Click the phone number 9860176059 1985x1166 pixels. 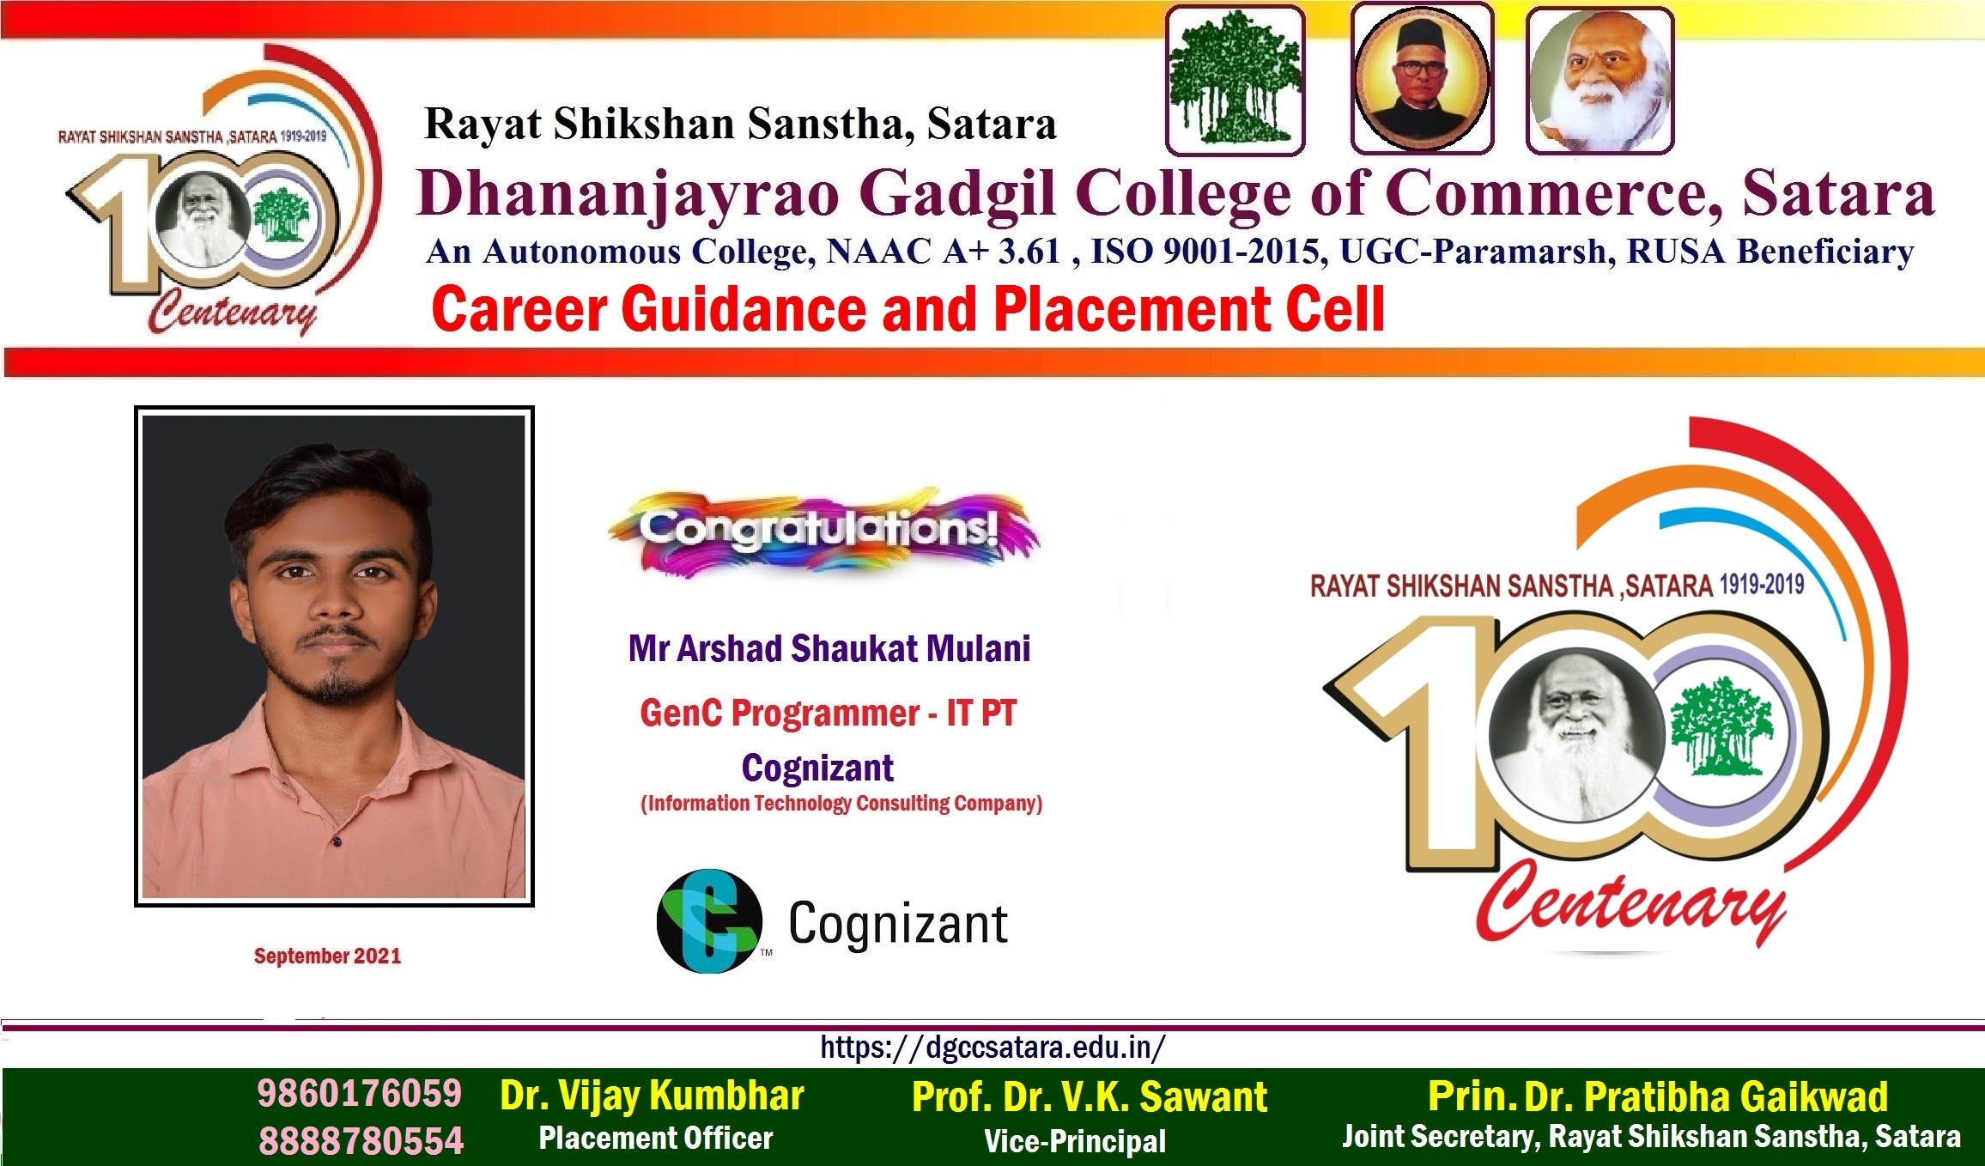pos(360,1093)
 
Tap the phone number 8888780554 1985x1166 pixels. pos(361,1140)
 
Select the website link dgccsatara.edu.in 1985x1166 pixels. pos(992,1048)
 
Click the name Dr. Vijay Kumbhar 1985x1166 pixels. pos(653,1096)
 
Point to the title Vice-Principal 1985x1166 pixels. pos(1075,1141)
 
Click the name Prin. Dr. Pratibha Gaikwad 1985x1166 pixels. pos(1658,1096)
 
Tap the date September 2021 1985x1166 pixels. pos(327,956)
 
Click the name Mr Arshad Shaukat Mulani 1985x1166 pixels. pos(829,648)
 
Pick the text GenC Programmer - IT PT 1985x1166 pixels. pos(829,713)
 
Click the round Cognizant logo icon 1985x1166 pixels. pos(709,921)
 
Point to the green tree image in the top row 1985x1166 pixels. pos(1235,79)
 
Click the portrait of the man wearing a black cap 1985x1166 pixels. pos(1422,79)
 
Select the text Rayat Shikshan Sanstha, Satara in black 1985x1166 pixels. pos(740,124)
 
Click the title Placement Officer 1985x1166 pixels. pos(656,1138)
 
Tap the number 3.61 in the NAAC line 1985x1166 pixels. pos(1029,251)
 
